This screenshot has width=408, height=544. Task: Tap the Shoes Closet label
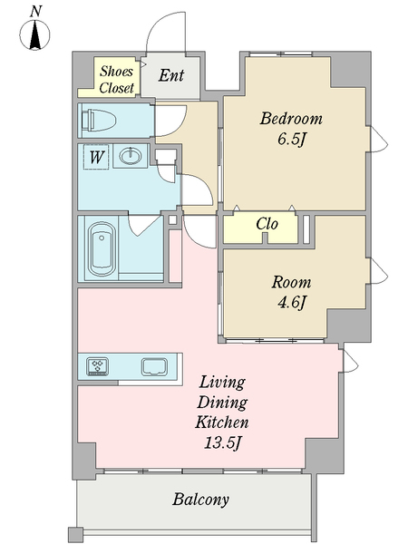(x=117, y=80)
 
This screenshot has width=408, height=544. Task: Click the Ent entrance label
(x=171, y=75)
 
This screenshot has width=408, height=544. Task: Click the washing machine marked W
(x=96, y=157)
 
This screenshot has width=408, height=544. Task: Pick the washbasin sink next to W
(x=131, y=156)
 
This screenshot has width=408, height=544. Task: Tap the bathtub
(x=102, y=249)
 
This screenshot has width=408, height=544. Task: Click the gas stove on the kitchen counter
(x=98, y=366)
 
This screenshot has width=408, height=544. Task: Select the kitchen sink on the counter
(x=154, y=367)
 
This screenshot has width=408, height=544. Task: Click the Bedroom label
(x=291, y=118)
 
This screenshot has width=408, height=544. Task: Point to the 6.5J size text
(x=292, y=140)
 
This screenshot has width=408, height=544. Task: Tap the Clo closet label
(x=267, y=224)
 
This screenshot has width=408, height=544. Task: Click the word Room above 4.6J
(x=291, y=282)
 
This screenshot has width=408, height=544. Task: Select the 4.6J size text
(x=292, y=303)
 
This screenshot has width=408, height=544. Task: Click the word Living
(x=222, y=384)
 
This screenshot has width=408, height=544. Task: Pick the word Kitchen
(x=222, y=423)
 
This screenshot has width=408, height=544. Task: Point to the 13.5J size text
(x=222, y=442)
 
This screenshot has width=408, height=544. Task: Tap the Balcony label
(x=201, y=500)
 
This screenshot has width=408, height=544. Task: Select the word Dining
(x=222, y=403)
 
